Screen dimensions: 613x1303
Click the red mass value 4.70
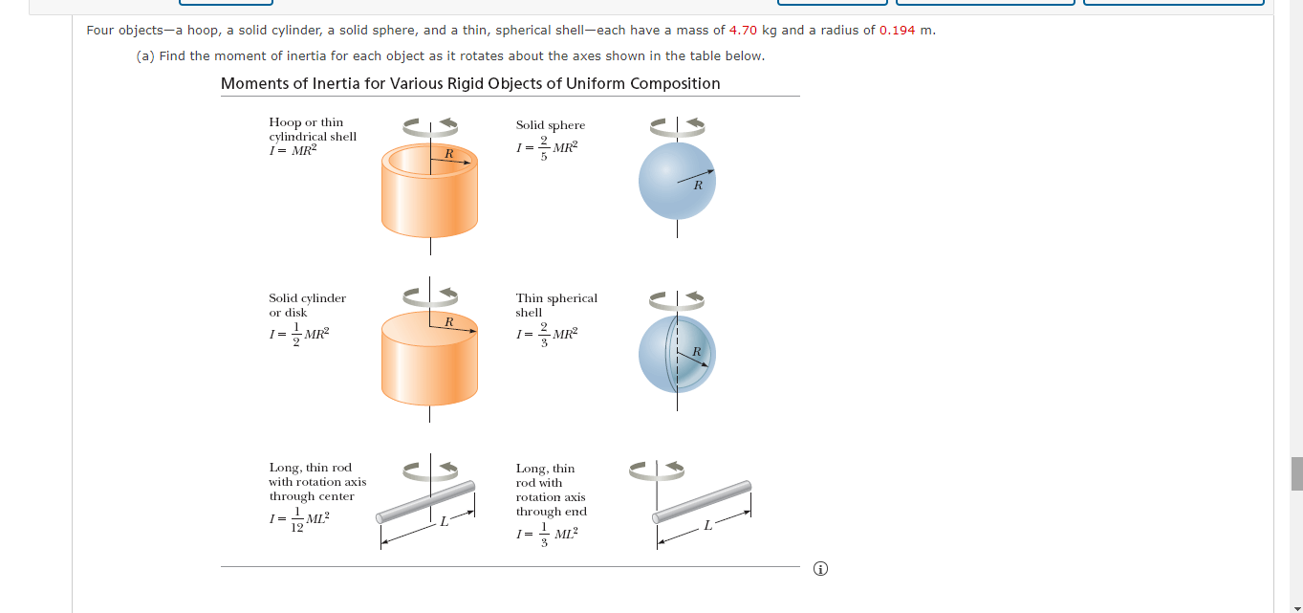[x=743, y=30]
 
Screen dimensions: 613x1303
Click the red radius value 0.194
[x=897, y=30]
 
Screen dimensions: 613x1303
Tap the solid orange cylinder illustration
[x=429, y=361]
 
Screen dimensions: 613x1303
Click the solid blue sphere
[x=677, y=181]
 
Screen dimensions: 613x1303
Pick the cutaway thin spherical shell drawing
[x=677, y=355]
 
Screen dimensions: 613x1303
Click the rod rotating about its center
[x=426, y=501]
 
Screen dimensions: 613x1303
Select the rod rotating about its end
[x=702, y=501]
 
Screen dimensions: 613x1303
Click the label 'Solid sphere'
[x=551, y=125]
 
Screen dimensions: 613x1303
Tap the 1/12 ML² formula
[x=299, y=520]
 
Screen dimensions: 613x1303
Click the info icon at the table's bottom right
[x=819, y=569]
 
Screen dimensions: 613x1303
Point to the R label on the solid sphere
[x=697, y=186]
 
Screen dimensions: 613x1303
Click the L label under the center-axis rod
[x=444, y=521]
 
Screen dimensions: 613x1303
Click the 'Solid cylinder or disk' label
[x=307, y=305]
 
